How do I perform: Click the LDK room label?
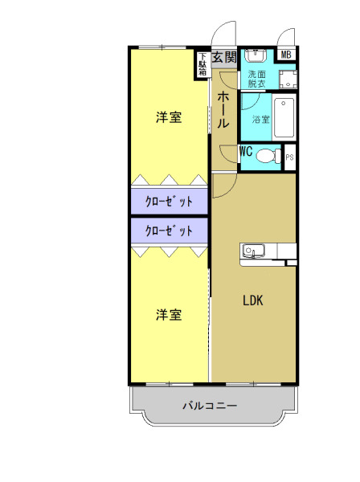254,301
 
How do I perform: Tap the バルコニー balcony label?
209,406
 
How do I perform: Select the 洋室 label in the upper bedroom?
169,118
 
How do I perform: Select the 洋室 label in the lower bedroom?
169,315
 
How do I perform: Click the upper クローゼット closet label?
169,202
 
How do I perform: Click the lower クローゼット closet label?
169,231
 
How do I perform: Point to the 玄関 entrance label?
225,57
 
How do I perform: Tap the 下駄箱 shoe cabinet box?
202,64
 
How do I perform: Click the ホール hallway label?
224,111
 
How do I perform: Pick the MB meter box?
286,55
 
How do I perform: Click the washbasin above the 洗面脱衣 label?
256,56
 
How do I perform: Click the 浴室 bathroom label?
260,120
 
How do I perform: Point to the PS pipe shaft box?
290,158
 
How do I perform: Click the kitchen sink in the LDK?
250,252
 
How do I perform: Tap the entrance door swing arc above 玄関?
222,37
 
